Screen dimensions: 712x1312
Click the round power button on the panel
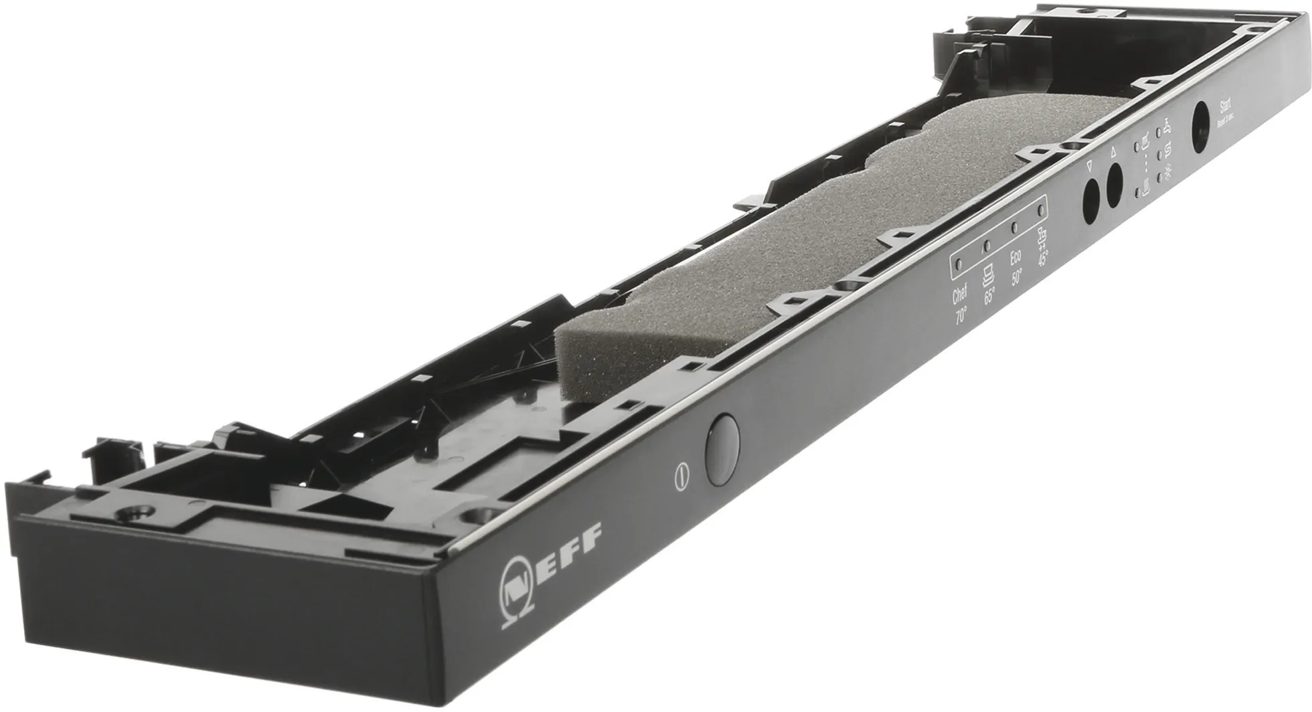coord(722,449)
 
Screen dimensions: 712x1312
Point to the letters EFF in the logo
coord(576,541)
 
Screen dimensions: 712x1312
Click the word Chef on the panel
coord(959,294)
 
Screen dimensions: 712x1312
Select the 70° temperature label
coord(961,315)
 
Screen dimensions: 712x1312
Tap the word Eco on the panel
coord(1015,258)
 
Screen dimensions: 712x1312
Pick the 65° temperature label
coord(989,296)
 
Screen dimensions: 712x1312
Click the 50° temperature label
coord(1017,278)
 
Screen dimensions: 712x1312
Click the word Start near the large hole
coord(1226,106)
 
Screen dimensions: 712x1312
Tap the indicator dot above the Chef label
coord(958,265)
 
